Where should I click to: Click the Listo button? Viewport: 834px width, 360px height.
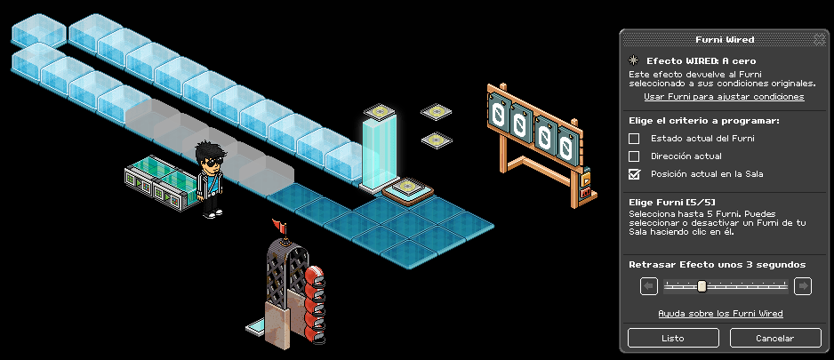coord(673,338)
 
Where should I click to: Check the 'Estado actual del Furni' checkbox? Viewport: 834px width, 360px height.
coord(634,139)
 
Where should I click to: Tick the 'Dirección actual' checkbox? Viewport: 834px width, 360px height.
coord(634,156)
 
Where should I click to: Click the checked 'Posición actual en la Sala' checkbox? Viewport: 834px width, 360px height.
coord(634,174)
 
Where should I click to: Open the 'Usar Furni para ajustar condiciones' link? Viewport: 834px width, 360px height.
coord(724,97)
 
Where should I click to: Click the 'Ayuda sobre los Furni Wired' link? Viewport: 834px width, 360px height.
coord(720,314)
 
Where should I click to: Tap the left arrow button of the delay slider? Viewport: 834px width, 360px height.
coord(649,286)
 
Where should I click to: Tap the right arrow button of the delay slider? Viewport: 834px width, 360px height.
coord(803,286)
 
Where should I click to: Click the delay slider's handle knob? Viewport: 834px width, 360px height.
coord(702,286)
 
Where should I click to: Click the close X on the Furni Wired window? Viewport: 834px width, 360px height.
coord(819,39)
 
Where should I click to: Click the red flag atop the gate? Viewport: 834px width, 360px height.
coord(278,224)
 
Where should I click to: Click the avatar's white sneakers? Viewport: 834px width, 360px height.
coord(212,213)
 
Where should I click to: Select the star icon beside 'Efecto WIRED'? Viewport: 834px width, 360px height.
coord(633,60)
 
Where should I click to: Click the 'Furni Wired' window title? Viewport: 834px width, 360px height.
coord(725,39)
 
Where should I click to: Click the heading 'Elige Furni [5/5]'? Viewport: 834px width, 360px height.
coord(672,203)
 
